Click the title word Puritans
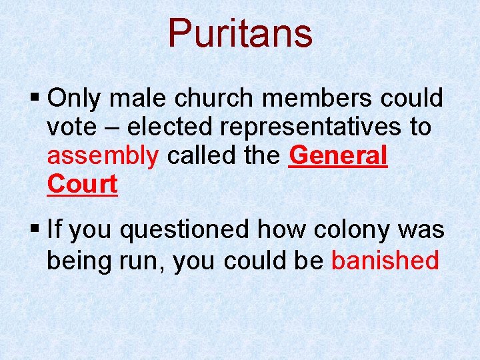[240, 33]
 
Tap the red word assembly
[103, 157]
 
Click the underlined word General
[339, 156]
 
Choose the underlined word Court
[82, 185]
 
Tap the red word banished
[385, 261]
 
